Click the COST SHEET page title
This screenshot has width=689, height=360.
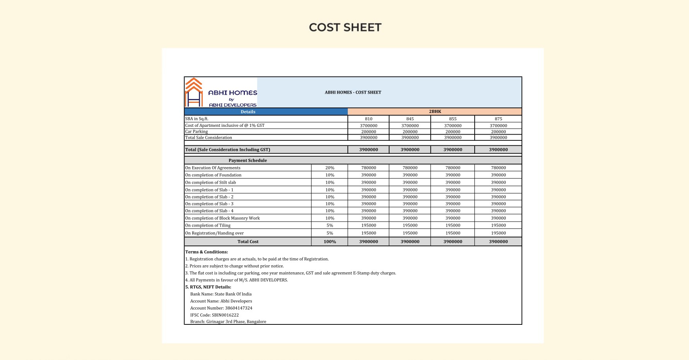pyautogui.click(x=345, y=27)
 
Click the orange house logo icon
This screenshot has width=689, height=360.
pyautogui.click(x=194, y=92)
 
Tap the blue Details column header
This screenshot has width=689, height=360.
pyautogui.click(x=248, y=112)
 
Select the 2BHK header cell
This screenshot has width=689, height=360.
pyautogui.click(x=435, y=111)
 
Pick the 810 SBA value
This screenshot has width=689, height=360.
pyautogui.click(x=368, y=119)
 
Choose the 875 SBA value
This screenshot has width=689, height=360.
pyautogui.click(x=498, y=119)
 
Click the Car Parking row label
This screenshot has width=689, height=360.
pyautogui.click(x=197, y=131)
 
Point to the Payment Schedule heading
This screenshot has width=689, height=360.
pyautogui.click(x=248, y=160)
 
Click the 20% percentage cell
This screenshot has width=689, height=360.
pyautogui.click(x=330, y=168)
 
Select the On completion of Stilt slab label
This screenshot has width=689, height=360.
pyautogui.click(x=210, y=183)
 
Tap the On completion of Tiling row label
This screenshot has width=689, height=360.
pyautogui.click(x=208, y=225)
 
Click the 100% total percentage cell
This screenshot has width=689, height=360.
pyautogui.click(x=330, y=242)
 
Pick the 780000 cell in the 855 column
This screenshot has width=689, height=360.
pyautogui.click(x=453, y=168)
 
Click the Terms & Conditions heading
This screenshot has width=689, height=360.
pyautogui.click(x=207, y=252)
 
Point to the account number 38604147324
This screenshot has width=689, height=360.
pyautogui.click(x=238, y=308)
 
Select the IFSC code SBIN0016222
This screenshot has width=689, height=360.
pyautogui.click(x=225, y=315)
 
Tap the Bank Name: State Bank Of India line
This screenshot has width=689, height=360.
pyautogui.click(x=221, y=294)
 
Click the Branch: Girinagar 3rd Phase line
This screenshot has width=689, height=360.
pyautogui.click(x=228, y=322)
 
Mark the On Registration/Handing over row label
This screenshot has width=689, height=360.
pyautogui.click(x=214, y=233)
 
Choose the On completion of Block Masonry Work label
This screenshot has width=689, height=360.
pyautogui.click(x=222, y=218)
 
